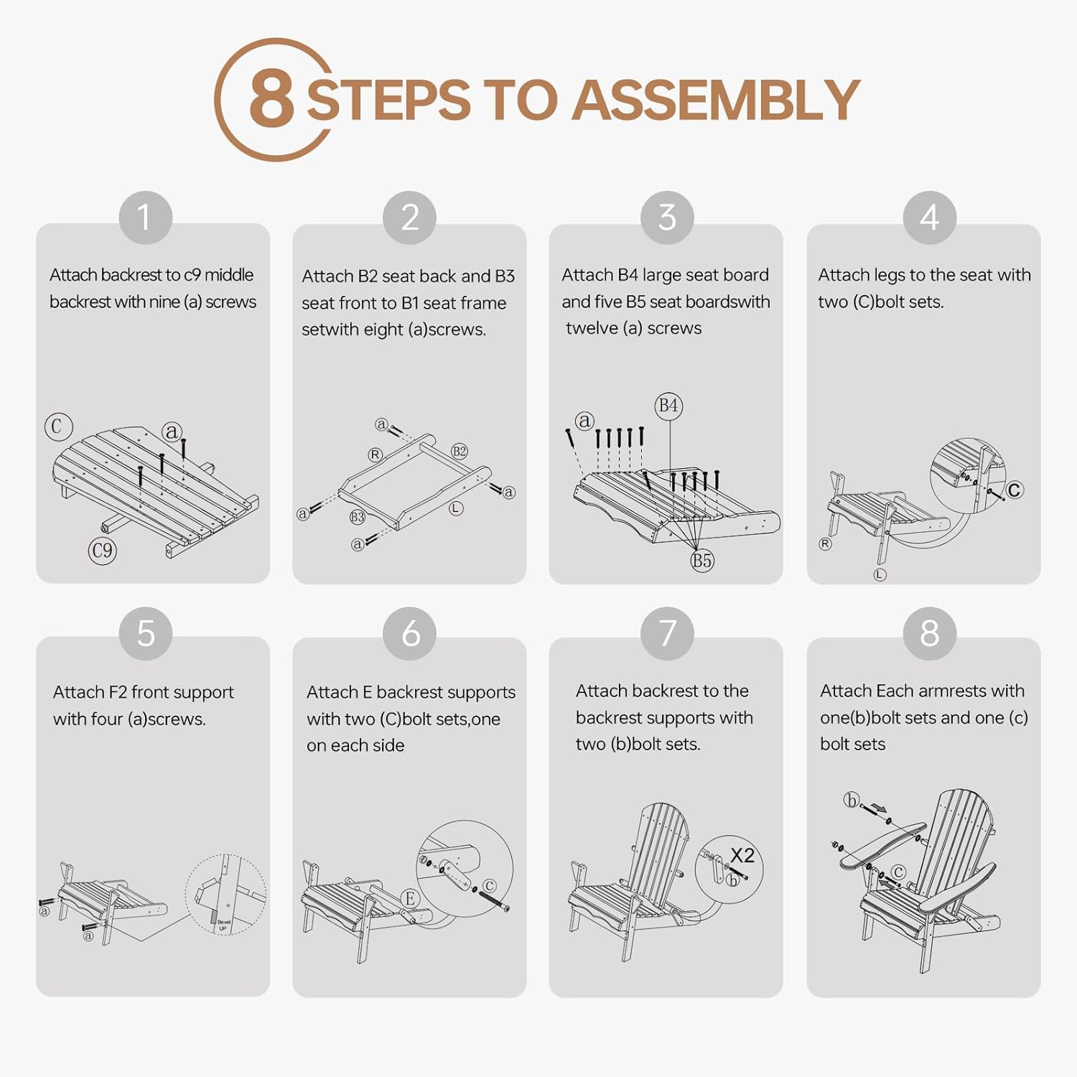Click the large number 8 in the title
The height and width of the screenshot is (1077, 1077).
[x=271, y=99]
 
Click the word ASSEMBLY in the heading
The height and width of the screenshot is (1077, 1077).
[x=716, y=100]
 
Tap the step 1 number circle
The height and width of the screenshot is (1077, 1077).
[x=145, y=218]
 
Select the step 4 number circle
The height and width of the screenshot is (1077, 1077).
[x=929, y=218]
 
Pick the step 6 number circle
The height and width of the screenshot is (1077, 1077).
[x=410, y=633]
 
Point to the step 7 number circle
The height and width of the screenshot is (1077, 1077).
[x=667, y=633]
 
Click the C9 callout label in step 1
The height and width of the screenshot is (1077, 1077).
[x=102, y=551]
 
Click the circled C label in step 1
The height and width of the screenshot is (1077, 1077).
[x=58, y=426]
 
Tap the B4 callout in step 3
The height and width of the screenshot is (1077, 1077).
[x=668, y=406]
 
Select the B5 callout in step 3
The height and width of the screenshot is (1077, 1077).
[x=701, y=561]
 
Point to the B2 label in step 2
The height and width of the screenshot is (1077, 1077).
[x=460, y=451]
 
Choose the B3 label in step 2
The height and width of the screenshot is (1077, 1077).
[x=358, y=517]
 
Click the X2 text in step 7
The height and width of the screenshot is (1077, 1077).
[x=742, y=855]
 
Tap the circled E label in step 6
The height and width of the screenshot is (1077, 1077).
[x=410, y=898]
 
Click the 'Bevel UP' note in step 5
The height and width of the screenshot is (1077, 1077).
[x=223, y=925]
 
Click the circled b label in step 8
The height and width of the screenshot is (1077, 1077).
[x=852, y=800]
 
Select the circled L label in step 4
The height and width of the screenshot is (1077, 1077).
[x=880, y=574]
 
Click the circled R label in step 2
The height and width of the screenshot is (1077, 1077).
[x=376, y=454]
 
